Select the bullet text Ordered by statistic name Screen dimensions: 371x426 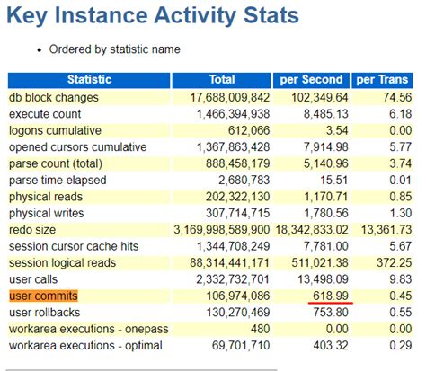pyautogui.click(x=109, y=49)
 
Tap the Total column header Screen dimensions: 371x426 pyautogui.click(x=221, y=80)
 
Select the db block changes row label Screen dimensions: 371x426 pyautogui.click(x=54, y=97)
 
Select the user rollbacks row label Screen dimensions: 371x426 pyautogui.click(x=45, y=312)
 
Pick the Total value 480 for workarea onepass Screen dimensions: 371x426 pyautogui.click(x=257, y=329)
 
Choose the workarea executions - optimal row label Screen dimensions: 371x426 pyautogui.click(x=81, y=345)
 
